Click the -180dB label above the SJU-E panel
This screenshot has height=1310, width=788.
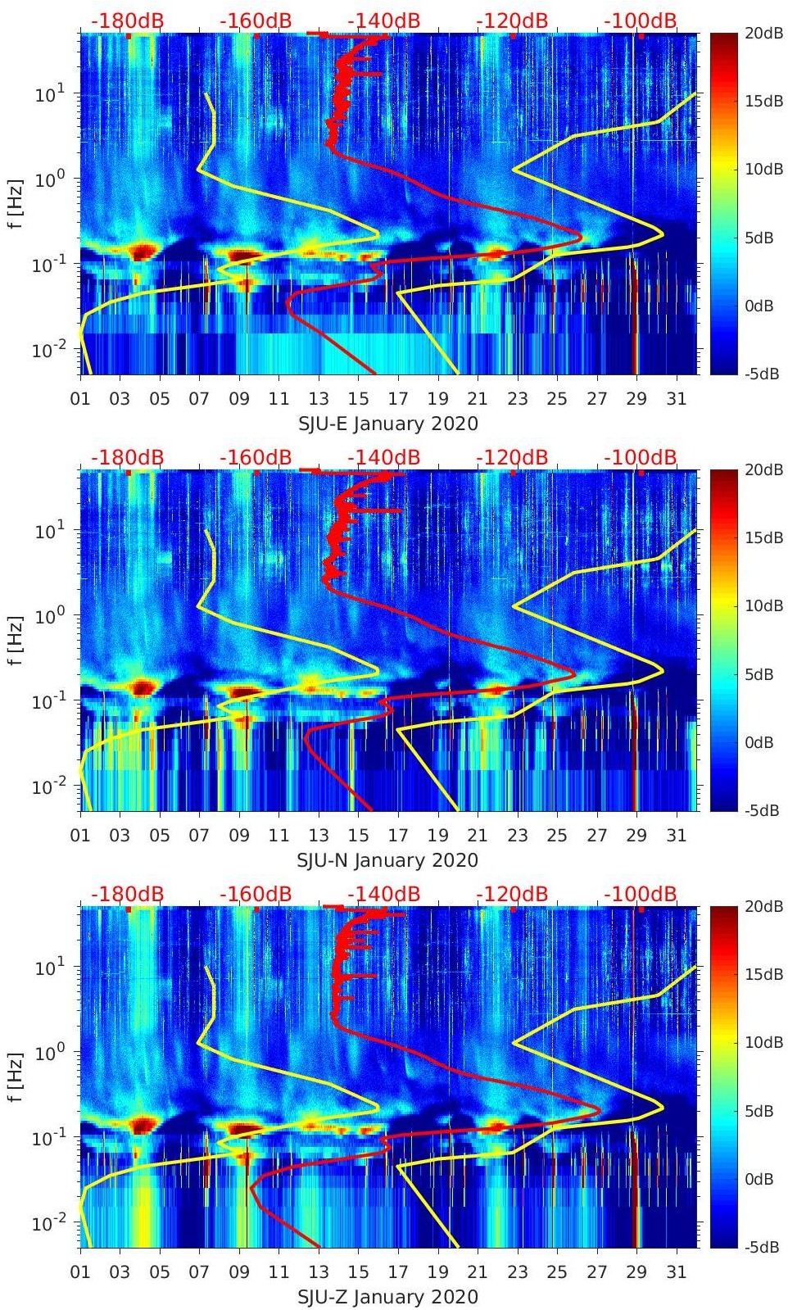tap(127, 20)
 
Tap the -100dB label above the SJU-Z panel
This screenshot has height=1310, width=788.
tap(641, 894)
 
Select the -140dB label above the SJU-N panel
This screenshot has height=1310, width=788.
tap(384, 457)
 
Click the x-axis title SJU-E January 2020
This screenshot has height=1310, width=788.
tap(387, 424)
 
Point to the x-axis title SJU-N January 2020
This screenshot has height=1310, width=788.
tap(387, 860)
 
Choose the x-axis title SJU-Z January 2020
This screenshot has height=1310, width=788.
tap(387, 1297)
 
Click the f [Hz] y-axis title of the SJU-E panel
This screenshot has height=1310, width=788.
tap(17, 203)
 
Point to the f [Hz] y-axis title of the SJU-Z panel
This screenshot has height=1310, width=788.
tap(17, 1077)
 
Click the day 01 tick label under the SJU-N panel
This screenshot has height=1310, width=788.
tap(80, 836)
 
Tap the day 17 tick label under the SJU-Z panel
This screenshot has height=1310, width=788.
tap(398, 1272)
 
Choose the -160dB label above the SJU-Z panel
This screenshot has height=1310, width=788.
tap(256, 894)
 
